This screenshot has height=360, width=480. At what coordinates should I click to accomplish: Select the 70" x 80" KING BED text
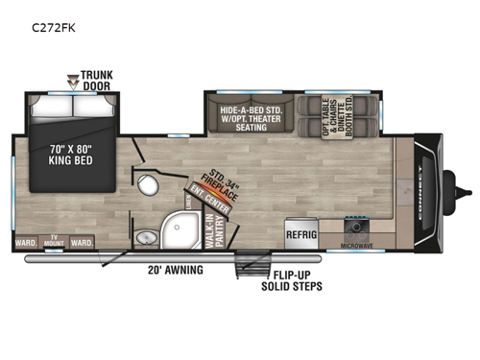pos(79,155)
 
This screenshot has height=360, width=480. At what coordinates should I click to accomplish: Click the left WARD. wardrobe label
pos(27,244)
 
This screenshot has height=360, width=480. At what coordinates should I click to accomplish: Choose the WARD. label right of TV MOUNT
pos(83,244)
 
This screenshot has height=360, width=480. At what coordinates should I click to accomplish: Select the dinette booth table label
pos(337,116)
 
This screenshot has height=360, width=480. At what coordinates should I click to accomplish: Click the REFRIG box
pos(300,230)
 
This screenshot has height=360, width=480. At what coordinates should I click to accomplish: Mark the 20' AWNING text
pos(175,270)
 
